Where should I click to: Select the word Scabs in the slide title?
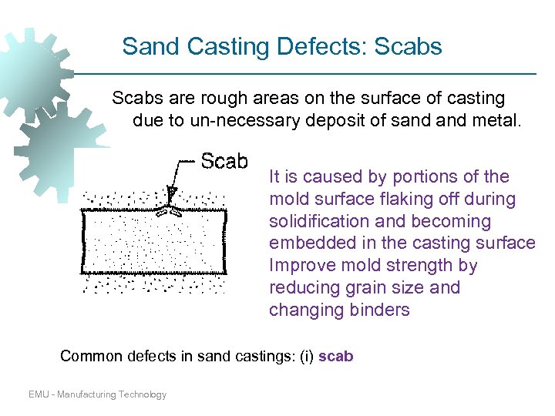click(408, 47)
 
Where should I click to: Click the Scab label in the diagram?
click(224, 161)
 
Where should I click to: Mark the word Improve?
click(297, 266)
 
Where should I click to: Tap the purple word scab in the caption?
click(335, 357)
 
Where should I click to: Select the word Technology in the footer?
click(143, 394)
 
